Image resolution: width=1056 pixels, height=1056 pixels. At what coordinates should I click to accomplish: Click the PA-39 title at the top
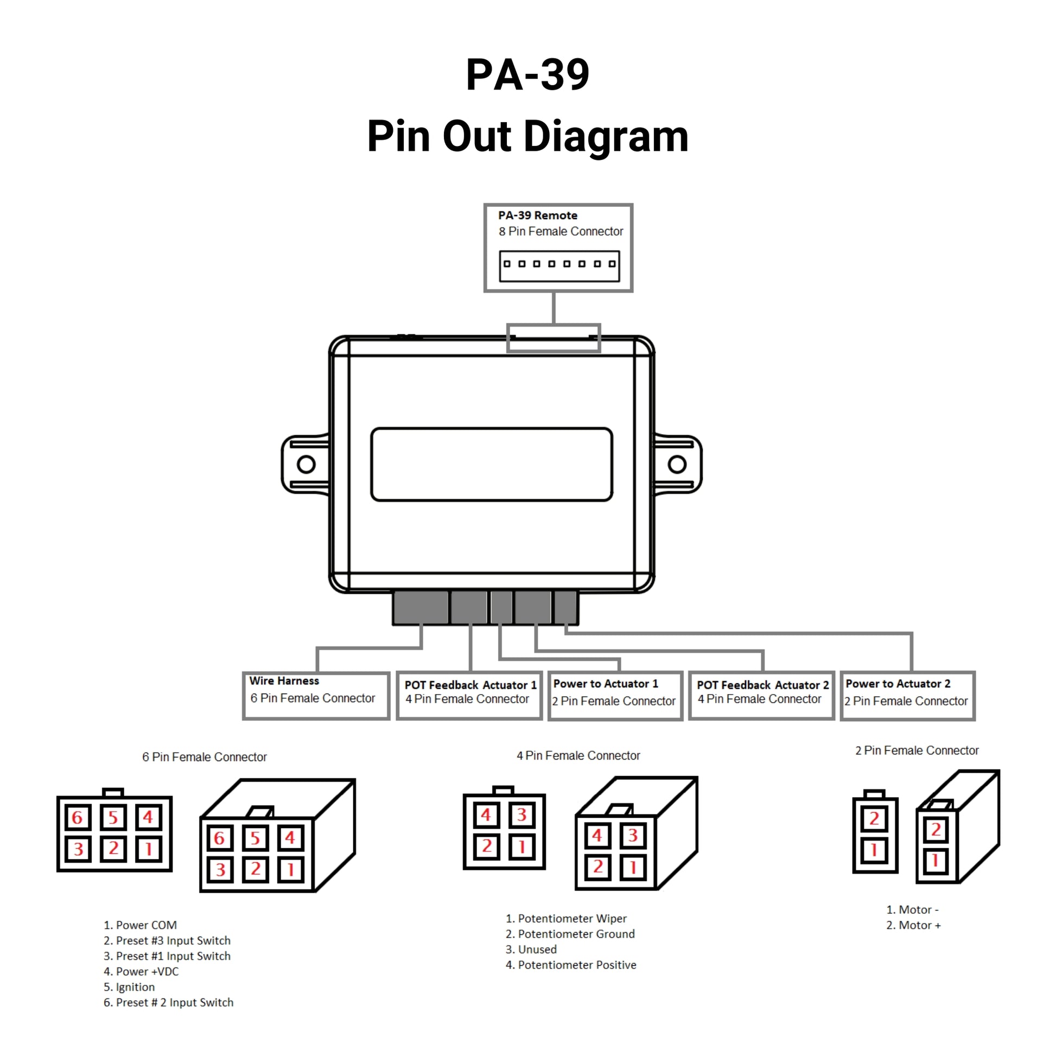[527, 75]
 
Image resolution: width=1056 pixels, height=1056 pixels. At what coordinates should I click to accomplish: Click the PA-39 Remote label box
[558, 247]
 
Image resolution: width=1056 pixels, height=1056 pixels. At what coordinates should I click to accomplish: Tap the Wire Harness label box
[316, 696]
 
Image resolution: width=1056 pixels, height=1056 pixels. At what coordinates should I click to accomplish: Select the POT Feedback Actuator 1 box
[469, 696]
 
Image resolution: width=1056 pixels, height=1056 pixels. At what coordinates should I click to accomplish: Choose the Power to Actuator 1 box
[615, 696]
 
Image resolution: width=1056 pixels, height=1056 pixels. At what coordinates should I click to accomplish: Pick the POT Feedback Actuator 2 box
[761, 696]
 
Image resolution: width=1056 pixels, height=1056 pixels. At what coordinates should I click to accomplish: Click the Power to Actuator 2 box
[907, 696]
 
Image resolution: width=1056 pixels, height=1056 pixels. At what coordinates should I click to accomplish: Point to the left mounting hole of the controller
[306, 465]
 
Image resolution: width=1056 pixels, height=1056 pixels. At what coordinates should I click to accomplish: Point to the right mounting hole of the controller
[677, 465]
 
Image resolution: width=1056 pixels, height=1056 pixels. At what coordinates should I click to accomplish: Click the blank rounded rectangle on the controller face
[492, 465]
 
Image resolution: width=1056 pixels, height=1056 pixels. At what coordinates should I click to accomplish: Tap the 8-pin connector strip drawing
[559, 266]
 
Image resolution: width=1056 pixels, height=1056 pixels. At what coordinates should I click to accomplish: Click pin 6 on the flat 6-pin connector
[78, 817]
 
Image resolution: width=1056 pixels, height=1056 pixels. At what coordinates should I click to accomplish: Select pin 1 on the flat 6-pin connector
[148, 849]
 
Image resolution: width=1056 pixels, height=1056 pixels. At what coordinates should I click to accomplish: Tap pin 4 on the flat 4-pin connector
[486, 816]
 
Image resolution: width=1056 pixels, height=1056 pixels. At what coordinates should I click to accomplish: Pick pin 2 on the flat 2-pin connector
[874, 818]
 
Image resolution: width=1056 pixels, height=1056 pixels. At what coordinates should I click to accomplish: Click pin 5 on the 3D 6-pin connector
[255, 838]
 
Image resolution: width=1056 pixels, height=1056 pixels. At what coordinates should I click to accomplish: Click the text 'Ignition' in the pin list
[135, 987]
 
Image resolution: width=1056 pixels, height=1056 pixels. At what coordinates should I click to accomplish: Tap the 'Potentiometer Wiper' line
[572, 918]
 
